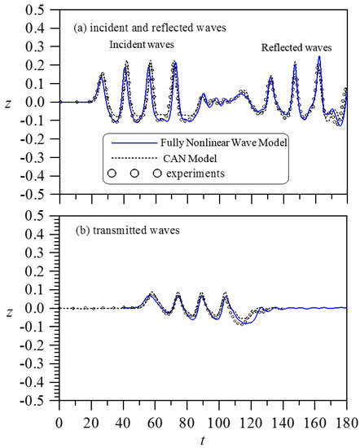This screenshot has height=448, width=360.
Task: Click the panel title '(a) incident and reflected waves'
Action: [146, 28]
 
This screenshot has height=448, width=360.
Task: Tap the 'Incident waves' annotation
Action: [144, 46]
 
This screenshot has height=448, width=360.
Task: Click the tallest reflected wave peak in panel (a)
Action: [319, 56]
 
